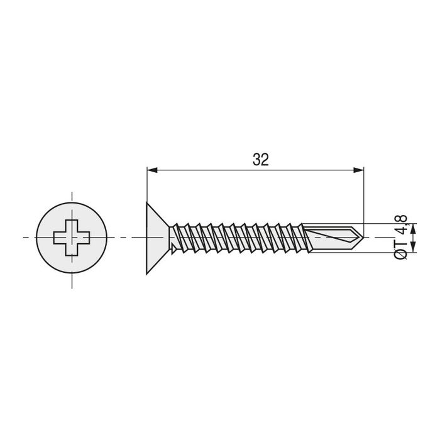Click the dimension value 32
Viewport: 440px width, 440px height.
click(x=260, y=160)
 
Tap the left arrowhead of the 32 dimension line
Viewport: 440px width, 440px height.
click(x=151, y=169)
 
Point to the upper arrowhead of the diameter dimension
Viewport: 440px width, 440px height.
click(x=413, y=228)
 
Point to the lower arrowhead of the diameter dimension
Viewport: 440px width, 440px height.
click(x=413, y=248)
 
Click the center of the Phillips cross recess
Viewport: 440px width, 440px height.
click(x=72, y=238)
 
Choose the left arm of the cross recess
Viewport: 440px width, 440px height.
click(x=59, y=238)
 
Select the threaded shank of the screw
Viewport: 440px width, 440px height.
click(x=239, y=238)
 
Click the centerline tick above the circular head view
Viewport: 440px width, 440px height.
click(x=72, y=196)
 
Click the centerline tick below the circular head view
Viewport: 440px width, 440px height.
click(x=72, y=280)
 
